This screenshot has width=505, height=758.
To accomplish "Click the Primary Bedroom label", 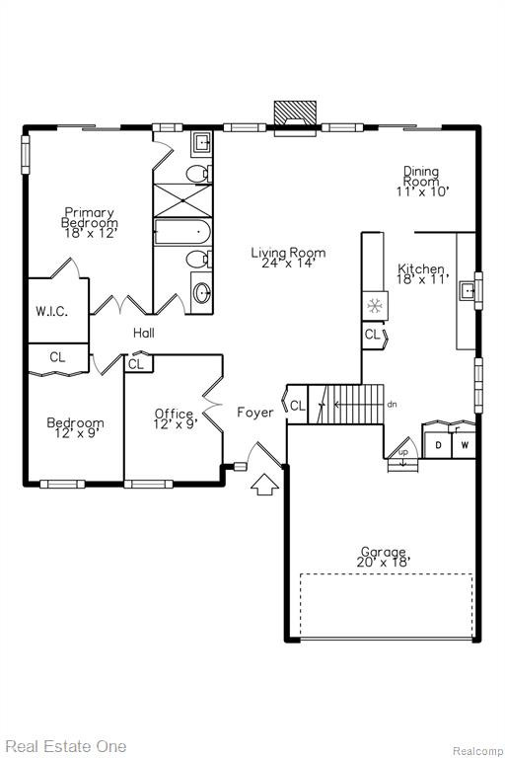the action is coord(90,217).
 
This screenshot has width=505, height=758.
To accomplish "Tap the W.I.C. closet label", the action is coord(51,311).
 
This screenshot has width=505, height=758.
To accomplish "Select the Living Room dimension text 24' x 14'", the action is coord(289,263).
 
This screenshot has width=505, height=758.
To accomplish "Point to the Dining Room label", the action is coord(421,177).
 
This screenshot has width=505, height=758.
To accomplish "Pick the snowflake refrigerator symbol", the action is coord(375,306).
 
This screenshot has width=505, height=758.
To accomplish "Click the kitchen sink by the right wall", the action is coord(468,290).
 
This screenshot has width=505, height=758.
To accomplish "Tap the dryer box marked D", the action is coord(438,445).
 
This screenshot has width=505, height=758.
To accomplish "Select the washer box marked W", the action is coord(464,445).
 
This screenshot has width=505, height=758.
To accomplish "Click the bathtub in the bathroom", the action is coord(182,233).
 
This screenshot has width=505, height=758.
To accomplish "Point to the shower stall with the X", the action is coord(182,200).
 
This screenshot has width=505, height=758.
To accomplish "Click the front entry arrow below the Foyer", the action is coord(264,485).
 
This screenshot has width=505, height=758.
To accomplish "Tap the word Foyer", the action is coord(255,413).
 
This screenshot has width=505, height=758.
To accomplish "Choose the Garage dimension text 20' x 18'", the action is coord(384,562).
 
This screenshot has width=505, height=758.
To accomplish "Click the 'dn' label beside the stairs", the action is coord(392,404).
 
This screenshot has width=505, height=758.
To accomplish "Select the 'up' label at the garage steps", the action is coord(403,452).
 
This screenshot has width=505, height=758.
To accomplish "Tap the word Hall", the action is coord(144,333).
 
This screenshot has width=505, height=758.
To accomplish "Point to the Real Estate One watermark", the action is coord(66,746).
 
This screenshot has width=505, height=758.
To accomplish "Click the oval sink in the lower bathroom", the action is coord(202,293).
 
